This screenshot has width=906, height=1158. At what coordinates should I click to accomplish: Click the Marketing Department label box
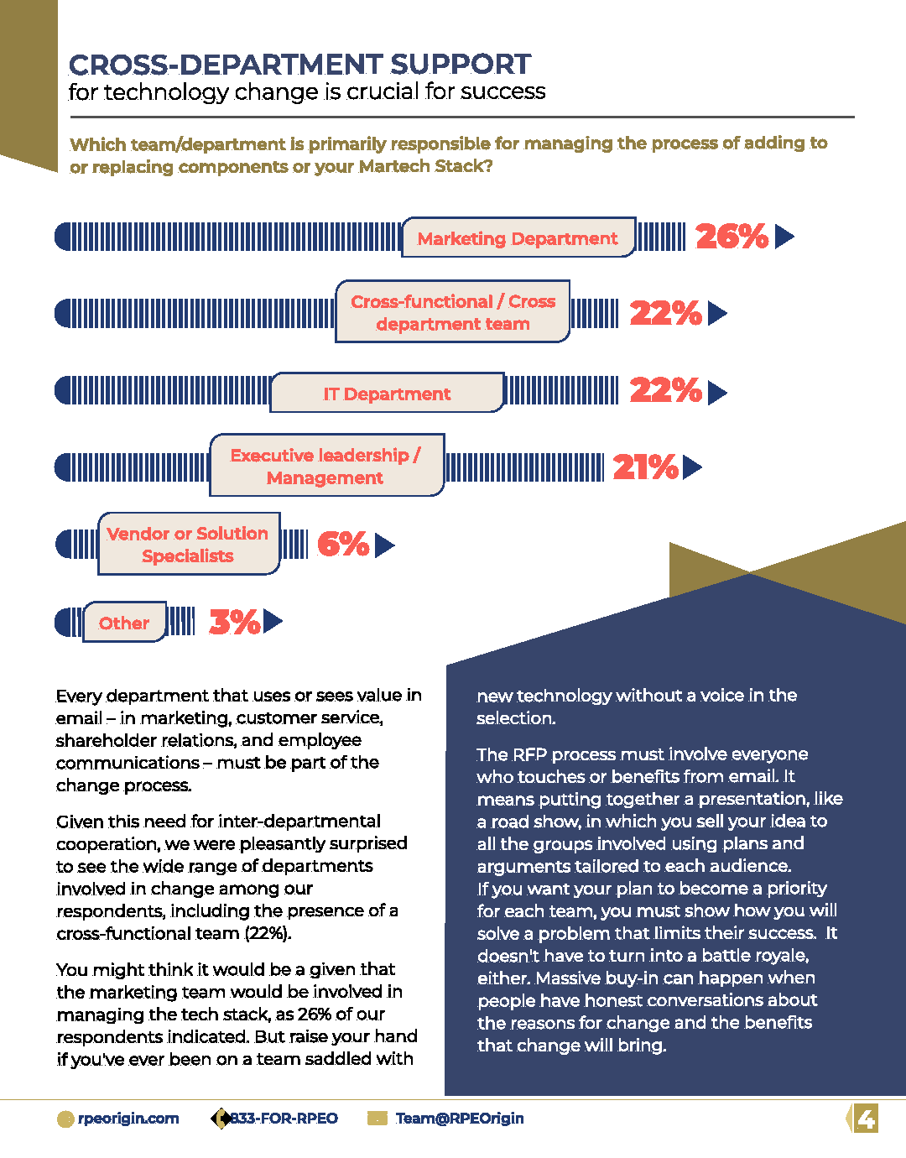518,237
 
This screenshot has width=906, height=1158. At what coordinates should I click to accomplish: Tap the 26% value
732,236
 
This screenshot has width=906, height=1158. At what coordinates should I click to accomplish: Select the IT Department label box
388,393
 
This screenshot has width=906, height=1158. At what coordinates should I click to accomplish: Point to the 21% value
646,467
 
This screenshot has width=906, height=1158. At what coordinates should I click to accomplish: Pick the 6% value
343,544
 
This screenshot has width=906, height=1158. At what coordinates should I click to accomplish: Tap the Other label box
124,622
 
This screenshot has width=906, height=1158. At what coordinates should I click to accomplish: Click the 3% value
235,621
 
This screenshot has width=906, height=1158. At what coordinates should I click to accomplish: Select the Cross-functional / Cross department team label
453,312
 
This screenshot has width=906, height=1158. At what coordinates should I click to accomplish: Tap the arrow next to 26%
784,237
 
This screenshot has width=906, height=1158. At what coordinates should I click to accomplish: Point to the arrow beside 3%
273,621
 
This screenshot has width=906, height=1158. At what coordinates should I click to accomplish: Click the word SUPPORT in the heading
461,65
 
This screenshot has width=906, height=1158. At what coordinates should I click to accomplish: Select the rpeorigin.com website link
128,1118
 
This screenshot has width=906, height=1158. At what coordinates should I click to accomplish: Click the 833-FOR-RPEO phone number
284,1118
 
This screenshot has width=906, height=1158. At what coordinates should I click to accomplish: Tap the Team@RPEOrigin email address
460,1118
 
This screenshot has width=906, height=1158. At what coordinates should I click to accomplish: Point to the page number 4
866,1118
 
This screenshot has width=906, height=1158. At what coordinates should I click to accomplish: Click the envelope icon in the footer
377,1118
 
